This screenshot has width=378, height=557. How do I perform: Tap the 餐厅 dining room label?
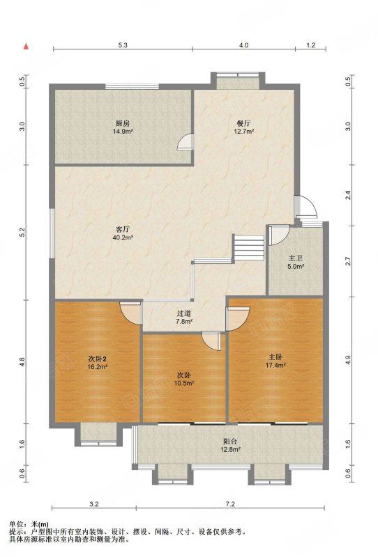point(244,123)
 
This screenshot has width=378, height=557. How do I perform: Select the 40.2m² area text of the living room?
point(123,237)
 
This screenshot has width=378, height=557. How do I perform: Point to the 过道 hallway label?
point(184,314)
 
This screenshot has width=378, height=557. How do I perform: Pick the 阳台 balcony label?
point(230,441)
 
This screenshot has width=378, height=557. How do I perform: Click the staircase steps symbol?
point(248,247)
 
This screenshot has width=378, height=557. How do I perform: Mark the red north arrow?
point(26,46)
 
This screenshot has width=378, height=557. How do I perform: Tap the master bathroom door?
point(278,235)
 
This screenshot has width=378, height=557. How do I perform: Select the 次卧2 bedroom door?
point(130,313)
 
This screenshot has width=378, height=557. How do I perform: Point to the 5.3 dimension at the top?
point(123,45)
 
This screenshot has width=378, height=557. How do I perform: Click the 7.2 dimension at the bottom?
point(230,503)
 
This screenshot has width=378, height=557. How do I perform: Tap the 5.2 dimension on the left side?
point(22,233)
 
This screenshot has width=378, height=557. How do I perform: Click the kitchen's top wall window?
point(132,86)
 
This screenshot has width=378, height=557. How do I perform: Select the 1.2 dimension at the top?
point(311,45)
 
